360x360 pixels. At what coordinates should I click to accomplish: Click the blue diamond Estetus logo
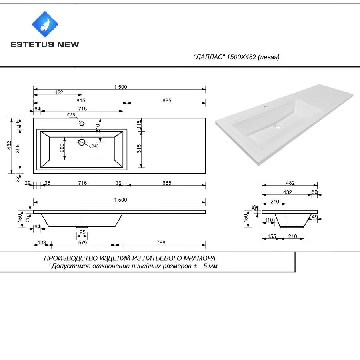(x=45, y=24)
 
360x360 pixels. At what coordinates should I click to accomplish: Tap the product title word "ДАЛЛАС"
(x=209, y=57)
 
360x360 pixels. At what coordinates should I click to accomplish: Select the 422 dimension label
(x=59, y=92)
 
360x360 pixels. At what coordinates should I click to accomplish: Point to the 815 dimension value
(x=81, y=100)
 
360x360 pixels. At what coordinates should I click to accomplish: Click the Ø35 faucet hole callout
(x=71, y=115)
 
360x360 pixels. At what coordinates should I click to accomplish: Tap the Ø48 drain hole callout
(x=95, y=146)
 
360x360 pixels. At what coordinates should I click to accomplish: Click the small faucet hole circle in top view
(x=82, y=124)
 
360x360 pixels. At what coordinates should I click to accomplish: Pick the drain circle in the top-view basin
(x=82, y=142)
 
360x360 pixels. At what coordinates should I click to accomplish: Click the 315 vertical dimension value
(x=139, y=149)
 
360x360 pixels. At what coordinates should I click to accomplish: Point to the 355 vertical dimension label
(x=18, y=149)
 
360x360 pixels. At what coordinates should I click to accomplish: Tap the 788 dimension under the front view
(x=161, y=243)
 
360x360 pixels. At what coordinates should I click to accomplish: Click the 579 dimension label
(x=83, y=243)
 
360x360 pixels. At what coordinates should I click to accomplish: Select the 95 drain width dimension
(x=82, y=232)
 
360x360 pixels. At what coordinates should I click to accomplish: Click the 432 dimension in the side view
(x=288, y=192)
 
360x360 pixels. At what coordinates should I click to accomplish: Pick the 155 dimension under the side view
(x=272, y=236)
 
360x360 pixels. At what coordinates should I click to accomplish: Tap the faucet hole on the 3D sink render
(x=266, y=107)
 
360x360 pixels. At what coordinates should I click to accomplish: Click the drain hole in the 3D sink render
(x=278, y=126)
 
